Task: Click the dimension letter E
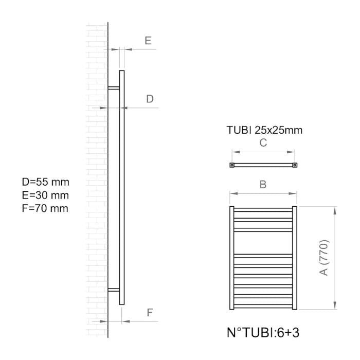click(148, 41)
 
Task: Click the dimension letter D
click(150, 99)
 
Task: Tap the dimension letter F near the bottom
click(150, 313)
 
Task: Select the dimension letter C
click(263, 143)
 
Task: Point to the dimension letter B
click(263, 184)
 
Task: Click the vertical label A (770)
click(324, 258)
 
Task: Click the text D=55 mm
click(45, 182)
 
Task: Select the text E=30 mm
click(45, 195)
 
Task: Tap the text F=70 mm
click(45, 208)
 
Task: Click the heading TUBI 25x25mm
click(264, 130)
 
